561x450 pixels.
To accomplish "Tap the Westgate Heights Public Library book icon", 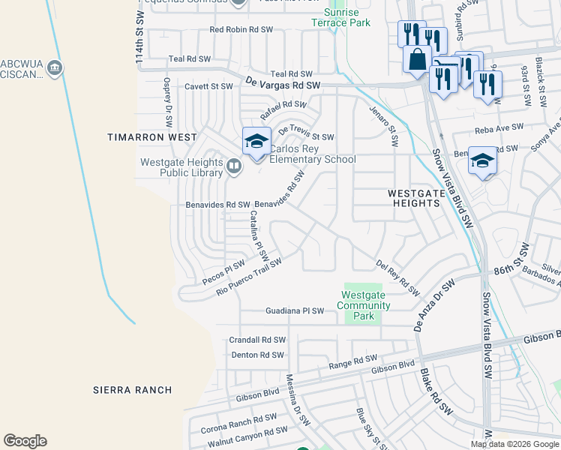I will coord(234,166).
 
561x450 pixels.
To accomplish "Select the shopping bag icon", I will coord(416,59).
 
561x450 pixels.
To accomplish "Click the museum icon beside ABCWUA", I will coord(54,69).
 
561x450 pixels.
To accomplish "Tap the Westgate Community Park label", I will coord(364,305).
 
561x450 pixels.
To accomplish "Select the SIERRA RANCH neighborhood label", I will coord(132,390).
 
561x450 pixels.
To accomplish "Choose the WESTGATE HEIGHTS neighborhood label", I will coord(413,198).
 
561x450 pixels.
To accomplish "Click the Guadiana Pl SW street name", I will coord(295,310).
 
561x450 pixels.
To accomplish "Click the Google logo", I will coord(25,441).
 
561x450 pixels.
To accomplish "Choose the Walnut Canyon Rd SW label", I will coord(244,433).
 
